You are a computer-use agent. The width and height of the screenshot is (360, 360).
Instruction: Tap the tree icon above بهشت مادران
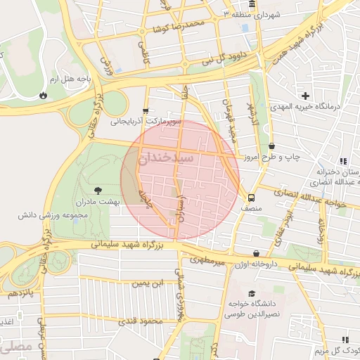coord(97,190)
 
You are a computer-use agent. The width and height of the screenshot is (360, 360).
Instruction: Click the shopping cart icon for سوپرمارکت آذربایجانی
coord(146,110)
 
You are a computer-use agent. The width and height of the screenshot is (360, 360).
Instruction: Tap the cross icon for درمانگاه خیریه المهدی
coord(305,96)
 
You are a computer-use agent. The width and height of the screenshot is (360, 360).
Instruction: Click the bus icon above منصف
coord(250,198)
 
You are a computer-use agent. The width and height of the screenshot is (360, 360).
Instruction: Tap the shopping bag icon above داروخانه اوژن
coord(255,253)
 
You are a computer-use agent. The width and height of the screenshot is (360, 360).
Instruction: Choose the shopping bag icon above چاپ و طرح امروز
coord(271,147)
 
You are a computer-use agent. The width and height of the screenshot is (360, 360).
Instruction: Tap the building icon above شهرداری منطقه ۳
coord(252,4)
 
